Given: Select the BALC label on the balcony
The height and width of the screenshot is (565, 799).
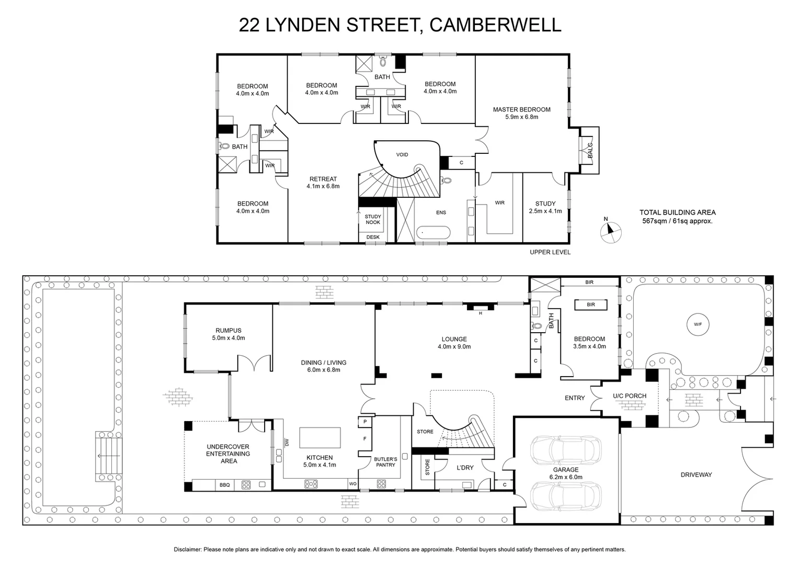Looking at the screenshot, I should [590, 150].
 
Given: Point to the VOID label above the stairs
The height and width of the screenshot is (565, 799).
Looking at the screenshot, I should [402, 155].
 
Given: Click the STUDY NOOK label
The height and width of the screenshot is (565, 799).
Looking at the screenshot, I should [373, 219].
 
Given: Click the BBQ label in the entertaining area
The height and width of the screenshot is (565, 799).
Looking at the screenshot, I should [225, 485].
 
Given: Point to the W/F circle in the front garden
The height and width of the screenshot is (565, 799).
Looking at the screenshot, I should [698, 324].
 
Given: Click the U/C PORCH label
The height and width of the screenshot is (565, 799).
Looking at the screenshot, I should [630, 396].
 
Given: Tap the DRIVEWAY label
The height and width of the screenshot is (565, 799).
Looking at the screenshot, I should [696, 475].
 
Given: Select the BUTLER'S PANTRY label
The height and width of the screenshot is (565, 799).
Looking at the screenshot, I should [385, 462].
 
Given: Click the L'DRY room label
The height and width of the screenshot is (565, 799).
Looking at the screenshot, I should [464, 467].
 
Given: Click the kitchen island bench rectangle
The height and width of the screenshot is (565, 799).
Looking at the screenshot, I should [319, 438].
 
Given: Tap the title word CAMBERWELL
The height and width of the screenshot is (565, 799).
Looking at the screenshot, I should [495, 25].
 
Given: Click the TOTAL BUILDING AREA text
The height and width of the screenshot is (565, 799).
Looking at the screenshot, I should [677, 212].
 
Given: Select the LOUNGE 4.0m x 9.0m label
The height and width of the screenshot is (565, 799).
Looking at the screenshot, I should [454, 343].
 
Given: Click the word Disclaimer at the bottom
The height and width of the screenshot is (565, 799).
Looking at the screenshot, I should [187, 550].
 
